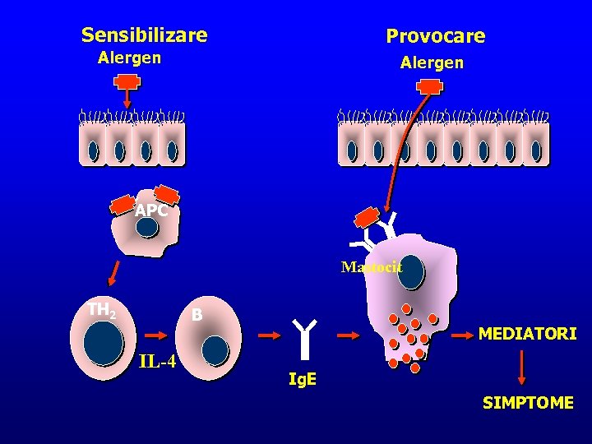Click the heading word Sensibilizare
144,35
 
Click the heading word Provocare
436,36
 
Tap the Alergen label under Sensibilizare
129,58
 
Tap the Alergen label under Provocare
432,62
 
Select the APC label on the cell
151,210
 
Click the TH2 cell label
102,310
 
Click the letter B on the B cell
197,315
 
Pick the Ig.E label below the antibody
303,381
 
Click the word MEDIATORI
527,334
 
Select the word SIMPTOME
528,403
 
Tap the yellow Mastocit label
372,266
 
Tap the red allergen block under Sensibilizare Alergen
127,81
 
